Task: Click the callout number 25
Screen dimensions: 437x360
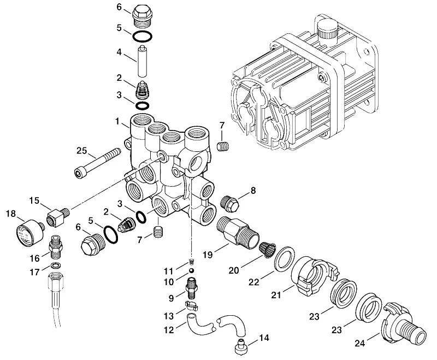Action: [x=81, y=150]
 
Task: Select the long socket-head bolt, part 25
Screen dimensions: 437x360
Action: [x=98, y=162]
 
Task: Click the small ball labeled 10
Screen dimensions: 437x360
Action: [x=191, y=270]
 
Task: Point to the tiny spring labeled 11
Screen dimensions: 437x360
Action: [x=192, y=262]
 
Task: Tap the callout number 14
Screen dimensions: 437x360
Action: [x=264, y=338]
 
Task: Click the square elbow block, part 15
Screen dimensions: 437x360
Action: [x=58, y=217]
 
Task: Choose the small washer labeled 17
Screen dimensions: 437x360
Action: [x=56, y=265]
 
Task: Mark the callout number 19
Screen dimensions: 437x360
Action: [x=208, y=255]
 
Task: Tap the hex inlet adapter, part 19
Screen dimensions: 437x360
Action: [x=238, y=232]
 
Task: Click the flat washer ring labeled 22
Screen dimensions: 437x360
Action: [x=285, y=258]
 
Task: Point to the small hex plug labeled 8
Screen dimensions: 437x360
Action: [x=229, y=203]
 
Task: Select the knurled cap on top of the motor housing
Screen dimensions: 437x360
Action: [x=327, y=29]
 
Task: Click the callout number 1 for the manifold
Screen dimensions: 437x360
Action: [x=117, y=121]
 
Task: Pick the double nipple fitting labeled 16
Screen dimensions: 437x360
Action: [x=56, y=247]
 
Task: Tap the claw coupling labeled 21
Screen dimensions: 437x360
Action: [x=315, y=276]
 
